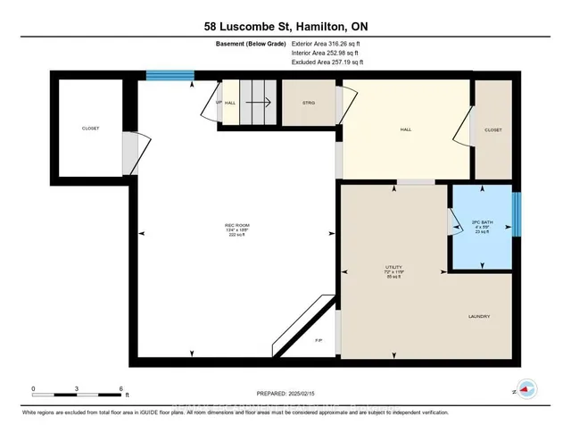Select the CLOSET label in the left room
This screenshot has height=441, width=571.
[91, 129]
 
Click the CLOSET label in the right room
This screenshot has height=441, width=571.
[492, 129]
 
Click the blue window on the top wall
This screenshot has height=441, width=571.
[169, 78]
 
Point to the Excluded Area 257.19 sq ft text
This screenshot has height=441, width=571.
[329, 63]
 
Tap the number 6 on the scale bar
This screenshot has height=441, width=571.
[120, 388]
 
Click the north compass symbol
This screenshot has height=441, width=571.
[526, 389]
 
